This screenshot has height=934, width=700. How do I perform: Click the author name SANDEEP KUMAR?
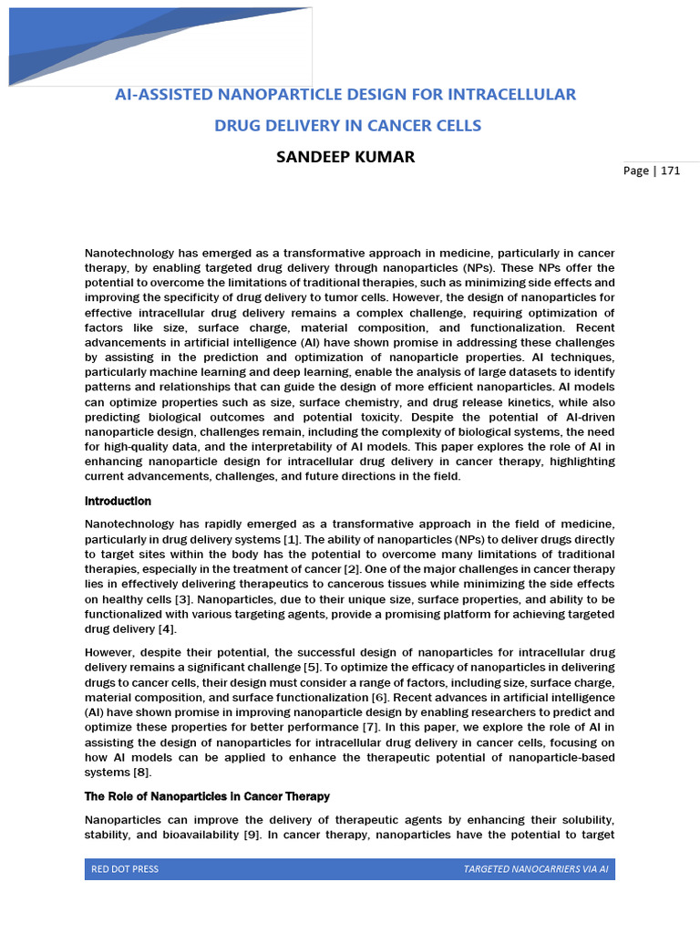point(345,157)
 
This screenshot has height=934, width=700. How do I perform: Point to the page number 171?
point(671,171)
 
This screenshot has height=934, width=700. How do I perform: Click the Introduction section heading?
point(118,502)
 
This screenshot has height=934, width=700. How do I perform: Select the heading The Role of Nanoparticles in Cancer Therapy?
point(207,796)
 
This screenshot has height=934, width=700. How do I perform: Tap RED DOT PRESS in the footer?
point(125,869)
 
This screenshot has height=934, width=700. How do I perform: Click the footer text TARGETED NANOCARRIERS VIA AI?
point(535,869)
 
